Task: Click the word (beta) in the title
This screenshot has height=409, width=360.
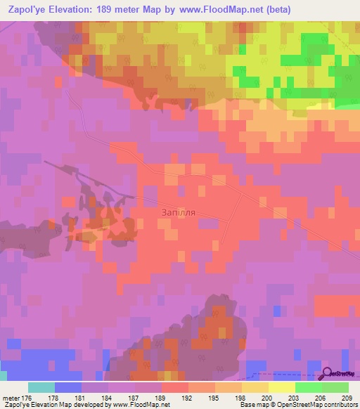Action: [274, 8]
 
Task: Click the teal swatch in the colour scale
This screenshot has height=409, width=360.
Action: [41, 387]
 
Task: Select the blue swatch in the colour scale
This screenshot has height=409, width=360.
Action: [68, 387]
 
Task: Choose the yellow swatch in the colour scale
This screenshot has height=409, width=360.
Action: [282, 387]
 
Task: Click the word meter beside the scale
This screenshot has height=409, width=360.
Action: [10, 397]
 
